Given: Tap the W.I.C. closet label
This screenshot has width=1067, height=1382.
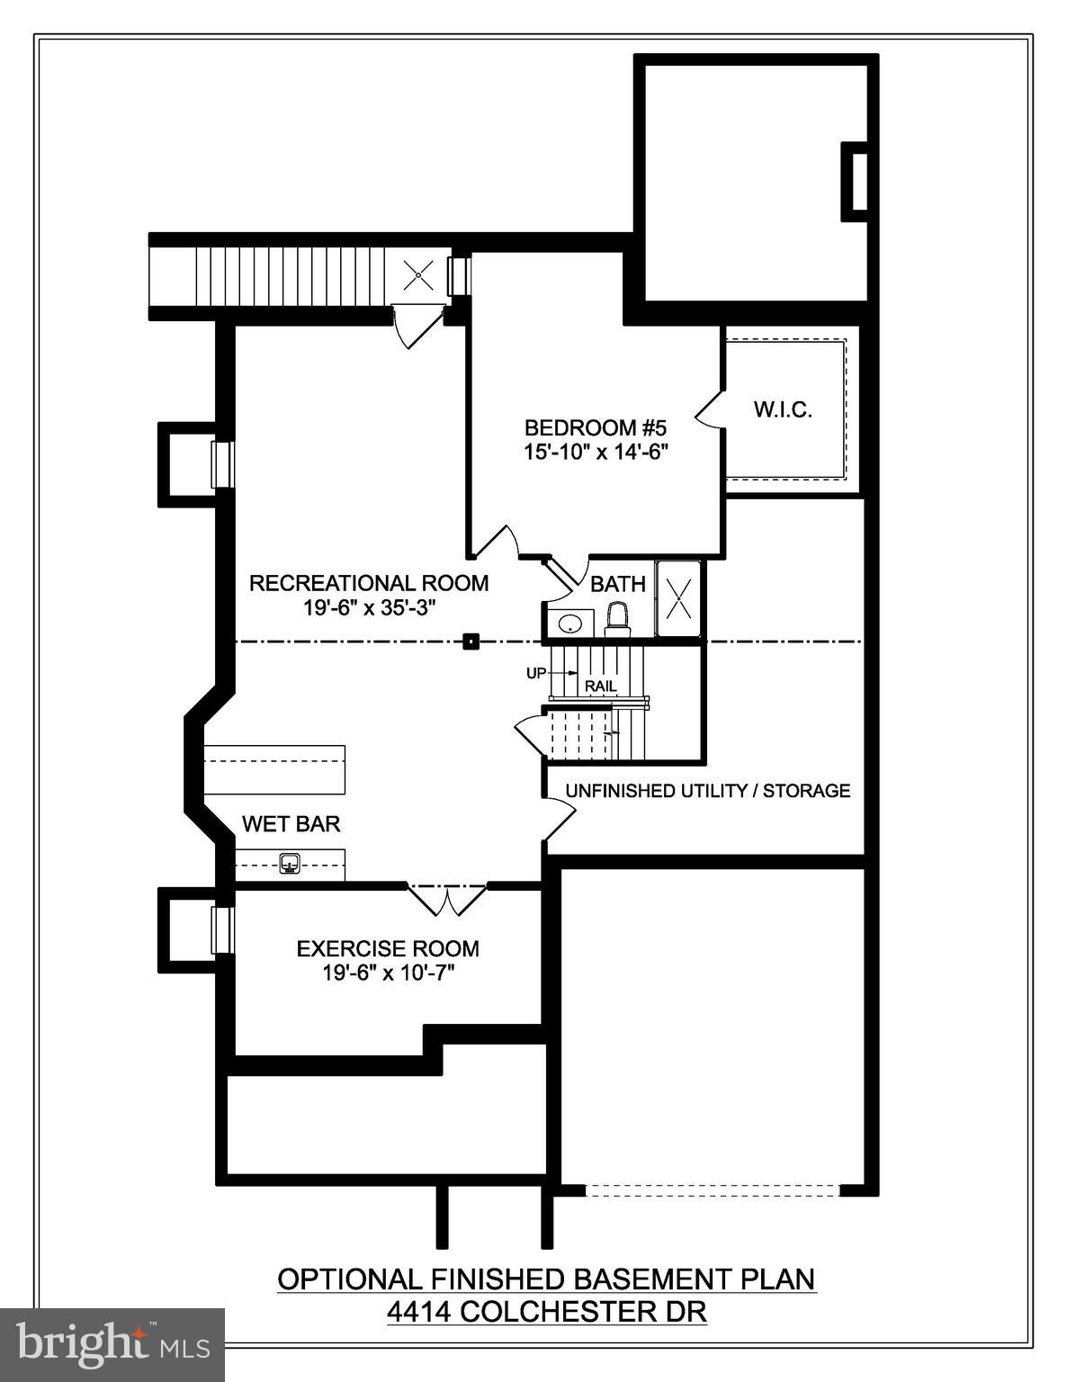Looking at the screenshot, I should point(783,410).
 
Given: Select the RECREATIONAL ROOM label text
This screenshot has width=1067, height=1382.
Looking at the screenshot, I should point(369,583).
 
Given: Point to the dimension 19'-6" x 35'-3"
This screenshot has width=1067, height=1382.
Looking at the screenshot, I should point(369,607).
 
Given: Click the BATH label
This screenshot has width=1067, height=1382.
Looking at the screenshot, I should point(618,584).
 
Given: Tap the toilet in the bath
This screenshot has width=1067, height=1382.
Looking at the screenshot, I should point(617,618).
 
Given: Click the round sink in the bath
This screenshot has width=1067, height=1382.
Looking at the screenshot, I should point(568,623).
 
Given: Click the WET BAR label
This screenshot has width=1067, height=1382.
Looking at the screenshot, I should point(291,824).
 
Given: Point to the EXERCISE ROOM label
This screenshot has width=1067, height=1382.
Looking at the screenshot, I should point(388,948).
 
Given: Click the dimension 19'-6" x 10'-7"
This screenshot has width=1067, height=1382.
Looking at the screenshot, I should point(388,973).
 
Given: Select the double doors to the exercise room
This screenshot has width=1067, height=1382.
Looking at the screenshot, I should point(446,898).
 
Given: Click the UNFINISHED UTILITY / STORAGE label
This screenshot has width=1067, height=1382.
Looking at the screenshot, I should point(707,791).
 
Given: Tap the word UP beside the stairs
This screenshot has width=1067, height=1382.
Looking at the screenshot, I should point(536,673).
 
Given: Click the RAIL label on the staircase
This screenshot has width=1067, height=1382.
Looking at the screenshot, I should point(601,687).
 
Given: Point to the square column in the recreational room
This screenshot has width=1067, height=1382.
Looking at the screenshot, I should point(470,642).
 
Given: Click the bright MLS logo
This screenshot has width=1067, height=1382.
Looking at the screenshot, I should point(112,1344).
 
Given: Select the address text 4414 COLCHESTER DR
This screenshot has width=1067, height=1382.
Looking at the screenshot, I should point(546,1312).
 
